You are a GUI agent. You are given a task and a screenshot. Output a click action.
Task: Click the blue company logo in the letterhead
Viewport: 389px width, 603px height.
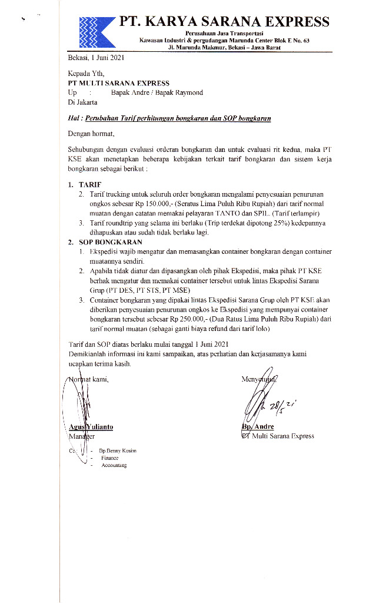[96, 31]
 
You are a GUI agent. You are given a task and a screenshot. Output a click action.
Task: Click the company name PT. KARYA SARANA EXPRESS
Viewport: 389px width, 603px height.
[224, 22]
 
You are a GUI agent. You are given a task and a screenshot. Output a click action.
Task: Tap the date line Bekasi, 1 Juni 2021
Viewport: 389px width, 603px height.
[96, 58]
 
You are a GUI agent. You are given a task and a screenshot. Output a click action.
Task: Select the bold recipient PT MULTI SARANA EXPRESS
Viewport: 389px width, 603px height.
[118, 84]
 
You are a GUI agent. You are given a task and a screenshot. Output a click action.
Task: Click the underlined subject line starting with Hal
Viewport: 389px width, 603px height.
[169, 118]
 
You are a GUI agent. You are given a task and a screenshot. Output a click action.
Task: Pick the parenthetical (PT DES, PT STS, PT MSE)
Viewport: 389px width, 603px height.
[129, 290]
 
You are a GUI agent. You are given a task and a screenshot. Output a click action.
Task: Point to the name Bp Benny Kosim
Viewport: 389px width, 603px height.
[118, 450]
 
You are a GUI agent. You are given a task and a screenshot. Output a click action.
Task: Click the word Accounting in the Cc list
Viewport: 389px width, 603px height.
[114, 465]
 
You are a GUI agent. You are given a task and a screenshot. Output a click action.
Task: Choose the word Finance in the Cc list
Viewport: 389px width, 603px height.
[109, 458]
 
